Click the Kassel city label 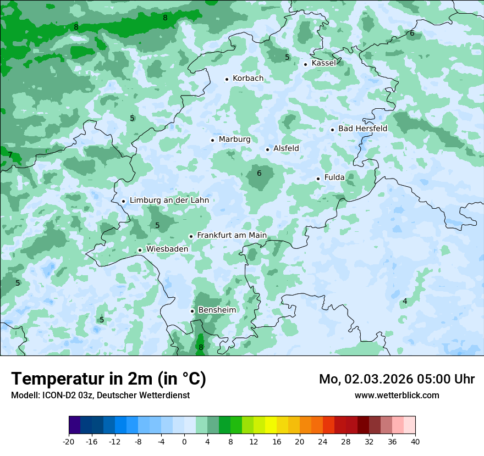(x=323, y=63)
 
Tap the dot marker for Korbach (x=227, y=79)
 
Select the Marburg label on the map (x=234, y=140)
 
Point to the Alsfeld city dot (x=268, y=149)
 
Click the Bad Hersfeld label (x=362, y=129)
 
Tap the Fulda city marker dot (x=318, y=179)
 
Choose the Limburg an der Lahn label (x=169, y=201)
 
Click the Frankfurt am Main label (x=232, y=235)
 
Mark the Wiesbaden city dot (x=140, y=250)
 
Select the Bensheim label (x=217, y=310)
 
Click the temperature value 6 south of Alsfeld (x=259, y=174)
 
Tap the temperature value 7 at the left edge (x=10, y=155)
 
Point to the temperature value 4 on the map (x=405, y=301)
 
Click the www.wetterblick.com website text (x=397, y=395)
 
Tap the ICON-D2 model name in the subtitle (x=58, y=395)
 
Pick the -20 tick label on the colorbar (x=69, y=442)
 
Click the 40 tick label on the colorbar (x=415, y=442)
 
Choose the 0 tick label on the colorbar (x=184, y=442)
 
